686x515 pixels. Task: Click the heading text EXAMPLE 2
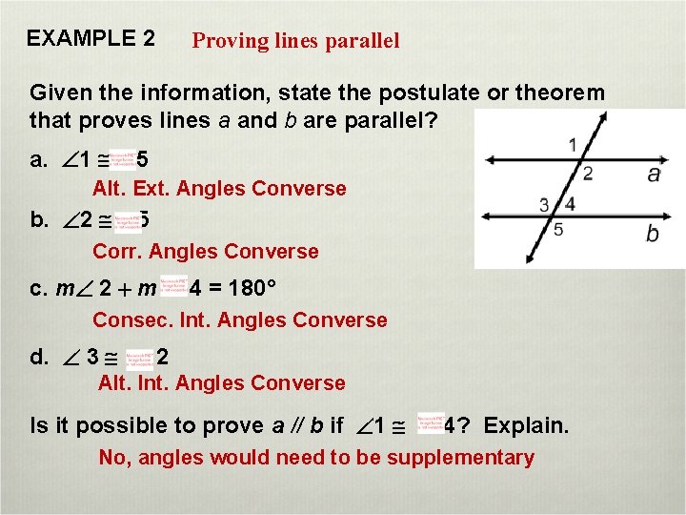91,39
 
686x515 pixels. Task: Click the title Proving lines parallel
295,41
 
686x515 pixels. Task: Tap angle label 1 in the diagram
572,145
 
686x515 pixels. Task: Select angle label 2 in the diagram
588,174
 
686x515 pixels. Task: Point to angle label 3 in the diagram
544,204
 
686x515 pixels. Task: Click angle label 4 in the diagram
569,203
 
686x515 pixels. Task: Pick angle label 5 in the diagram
558,230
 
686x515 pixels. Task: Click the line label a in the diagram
654,174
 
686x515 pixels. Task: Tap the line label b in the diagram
652,234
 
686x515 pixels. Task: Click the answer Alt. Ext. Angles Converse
219,189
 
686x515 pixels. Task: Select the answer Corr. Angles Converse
205,252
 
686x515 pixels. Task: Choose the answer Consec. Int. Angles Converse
239,320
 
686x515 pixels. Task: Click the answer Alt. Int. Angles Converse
222,383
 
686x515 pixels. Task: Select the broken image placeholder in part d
138,358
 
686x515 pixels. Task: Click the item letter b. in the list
39,220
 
